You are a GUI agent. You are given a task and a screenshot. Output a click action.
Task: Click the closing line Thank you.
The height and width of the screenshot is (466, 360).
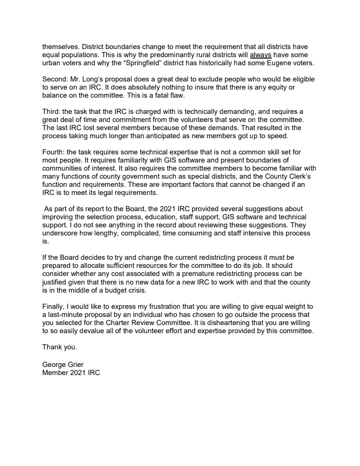(59, 347)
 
